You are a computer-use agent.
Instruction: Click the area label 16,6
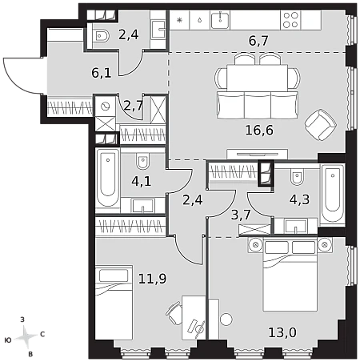tap(259, 131)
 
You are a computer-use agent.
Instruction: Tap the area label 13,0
tap(282, 332)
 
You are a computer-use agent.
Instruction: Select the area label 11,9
tap(152, 279)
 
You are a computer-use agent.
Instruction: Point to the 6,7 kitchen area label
tap(258, 41)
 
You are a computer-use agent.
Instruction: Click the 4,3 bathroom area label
tap(299, 199)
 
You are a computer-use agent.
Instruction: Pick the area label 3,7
tap(241, 215)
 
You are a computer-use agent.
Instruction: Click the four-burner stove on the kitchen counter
tap(290, 20)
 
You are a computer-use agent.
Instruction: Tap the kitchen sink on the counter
tap(220, 20)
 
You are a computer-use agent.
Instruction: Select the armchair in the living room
tap(321, 124)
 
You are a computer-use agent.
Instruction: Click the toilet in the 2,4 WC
tap(101, 36)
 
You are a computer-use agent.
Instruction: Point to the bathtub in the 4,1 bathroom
tap(108, 178)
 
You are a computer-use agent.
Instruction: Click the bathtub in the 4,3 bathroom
tap(333, 194)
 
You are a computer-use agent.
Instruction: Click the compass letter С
tap(42, 334)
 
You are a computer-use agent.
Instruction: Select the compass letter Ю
tap(8, 340)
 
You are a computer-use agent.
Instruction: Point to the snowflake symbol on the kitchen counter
tap(179, 20)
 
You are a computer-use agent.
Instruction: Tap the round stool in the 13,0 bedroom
tap(226, 319)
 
